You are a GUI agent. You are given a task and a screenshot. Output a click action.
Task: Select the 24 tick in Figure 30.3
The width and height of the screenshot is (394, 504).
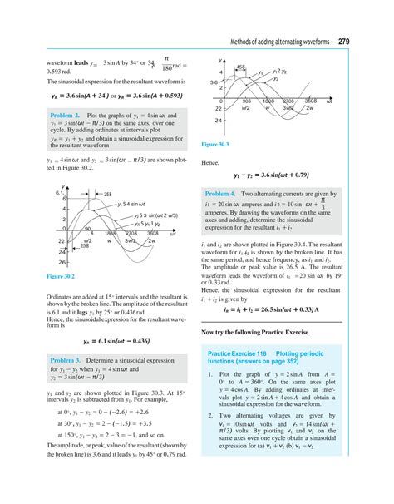[x=218, y=121]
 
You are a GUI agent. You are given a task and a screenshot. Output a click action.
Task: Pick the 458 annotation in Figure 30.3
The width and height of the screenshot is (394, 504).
[x=240, y=67]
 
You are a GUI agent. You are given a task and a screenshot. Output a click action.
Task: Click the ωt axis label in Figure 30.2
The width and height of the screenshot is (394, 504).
[x=172, y=235]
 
